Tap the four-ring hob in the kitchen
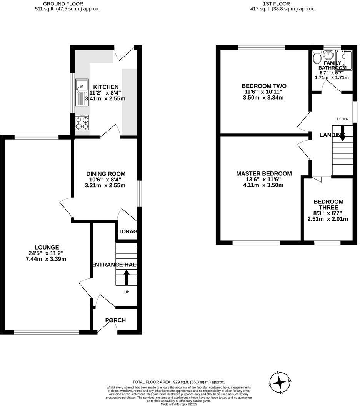82,122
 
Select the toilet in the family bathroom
317,58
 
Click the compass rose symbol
280,383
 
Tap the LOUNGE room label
47,247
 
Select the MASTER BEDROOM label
264,174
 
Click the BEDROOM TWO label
264,86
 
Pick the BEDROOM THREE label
328,205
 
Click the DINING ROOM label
105,174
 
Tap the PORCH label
116,320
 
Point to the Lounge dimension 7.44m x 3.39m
47,259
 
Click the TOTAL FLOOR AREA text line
178,382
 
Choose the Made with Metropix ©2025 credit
178,404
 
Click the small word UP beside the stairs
126,292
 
